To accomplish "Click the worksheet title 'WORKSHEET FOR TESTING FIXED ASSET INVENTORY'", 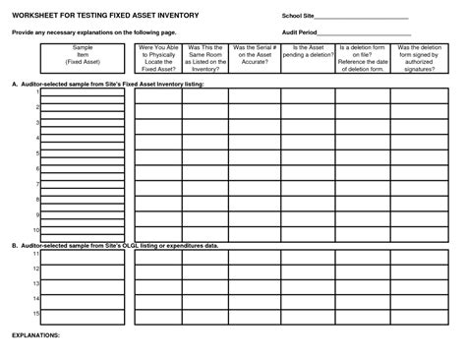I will pos(114,18).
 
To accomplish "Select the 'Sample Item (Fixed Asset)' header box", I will pos(82,55).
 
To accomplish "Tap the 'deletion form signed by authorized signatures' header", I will pos(417,58).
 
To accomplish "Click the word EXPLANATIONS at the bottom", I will pos(35,334).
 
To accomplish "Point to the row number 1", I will pos(36,92).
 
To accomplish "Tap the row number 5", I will pos(36,153).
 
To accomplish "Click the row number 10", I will pos(35,230).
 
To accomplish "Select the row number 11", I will pos(35,253).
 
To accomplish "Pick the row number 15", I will pos(35,313).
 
